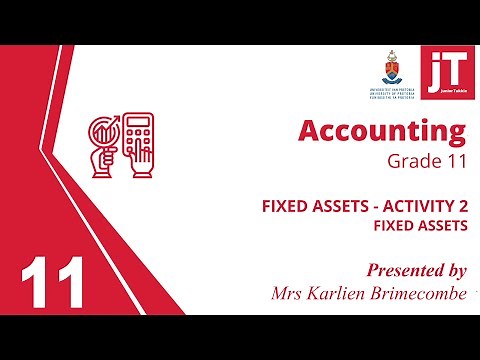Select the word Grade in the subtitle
pyautogui.click(x=412, y=160)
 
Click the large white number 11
pyautogui.click(x=51, y=282)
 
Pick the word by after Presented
pyautogui.click(x=452, y=271)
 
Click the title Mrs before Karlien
pyautogui.click(x=290, y=293)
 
